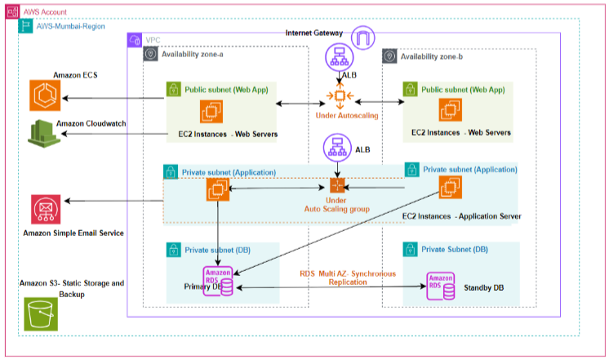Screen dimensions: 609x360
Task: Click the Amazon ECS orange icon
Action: (45, 96)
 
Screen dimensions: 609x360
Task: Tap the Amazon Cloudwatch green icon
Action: (44, 134)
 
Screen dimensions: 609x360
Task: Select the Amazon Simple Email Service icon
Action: (46, 209)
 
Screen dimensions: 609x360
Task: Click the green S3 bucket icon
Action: (41, 314)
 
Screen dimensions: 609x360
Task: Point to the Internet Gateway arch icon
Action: (362, 38)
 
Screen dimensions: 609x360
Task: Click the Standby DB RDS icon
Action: (441, 287)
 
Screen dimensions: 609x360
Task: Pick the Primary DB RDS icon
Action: (218, 281)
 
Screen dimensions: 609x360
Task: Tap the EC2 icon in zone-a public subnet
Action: (211, 112)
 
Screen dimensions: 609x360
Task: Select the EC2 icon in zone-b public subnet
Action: (450, 110)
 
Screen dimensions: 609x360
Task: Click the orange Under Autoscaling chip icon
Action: (340, 96)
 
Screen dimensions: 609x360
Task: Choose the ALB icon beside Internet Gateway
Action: (340, 57)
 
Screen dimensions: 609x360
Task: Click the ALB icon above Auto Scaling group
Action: (337, 148)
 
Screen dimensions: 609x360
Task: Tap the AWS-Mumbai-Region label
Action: (71, 26)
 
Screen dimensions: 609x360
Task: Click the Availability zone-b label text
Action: (432, 56)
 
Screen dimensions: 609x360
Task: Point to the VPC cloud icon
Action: (135, 40)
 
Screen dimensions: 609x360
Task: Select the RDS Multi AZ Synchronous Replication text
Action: (348, 278)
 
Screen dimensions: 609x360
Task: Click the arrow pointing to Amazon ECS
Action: (113, 98)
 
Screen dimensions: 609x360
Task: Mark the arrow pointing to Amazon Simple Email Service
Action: (113, 201)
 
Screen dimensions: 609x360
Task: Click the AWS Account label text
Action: (45, 12)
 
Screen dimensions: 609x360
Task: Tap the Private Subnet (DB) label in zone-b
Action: (455, 249)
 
